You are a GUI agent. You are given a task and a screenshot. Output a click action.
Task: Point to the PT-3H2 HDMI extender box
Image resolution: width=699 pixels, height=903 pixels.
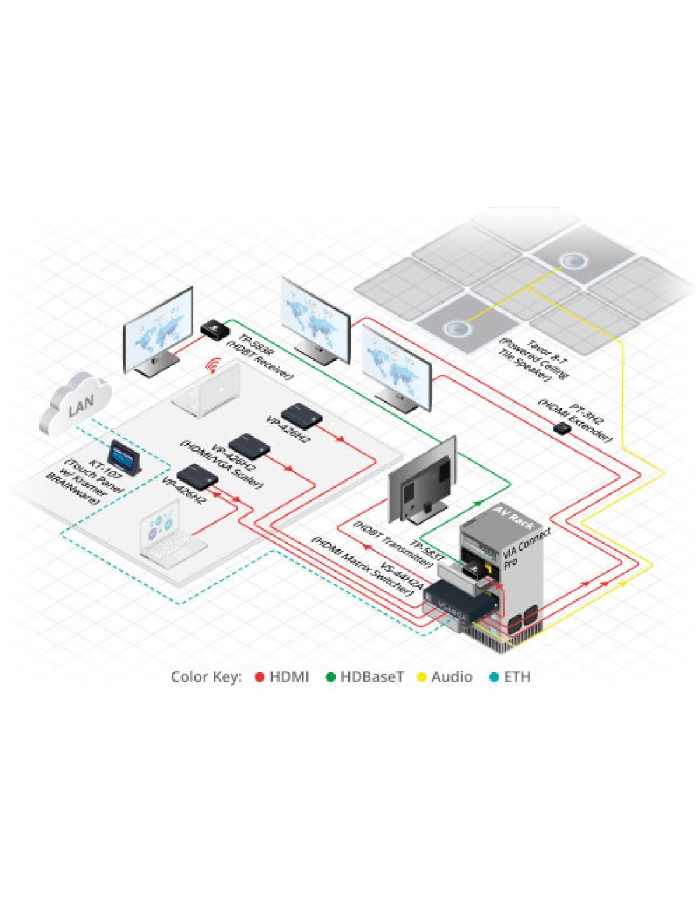click(x=561, y=428)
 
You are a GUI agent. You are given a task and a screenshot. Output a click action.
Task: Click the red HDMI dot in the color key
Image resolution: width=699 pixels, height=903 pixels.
click(x=259, y=677)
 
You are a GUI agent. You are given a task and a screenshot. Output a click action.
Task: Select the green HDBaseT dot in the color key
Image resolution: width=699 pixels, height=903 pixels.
click(x=330, y=677)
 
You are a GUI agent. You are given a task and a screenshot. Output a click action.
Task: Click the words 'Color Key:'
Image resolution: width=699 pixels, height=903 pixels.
click(x=207, y=677)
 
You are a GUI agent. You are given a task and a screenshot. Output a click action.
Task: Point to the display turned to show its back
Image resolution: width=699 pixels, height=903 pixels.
click(x=423, y=479)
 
